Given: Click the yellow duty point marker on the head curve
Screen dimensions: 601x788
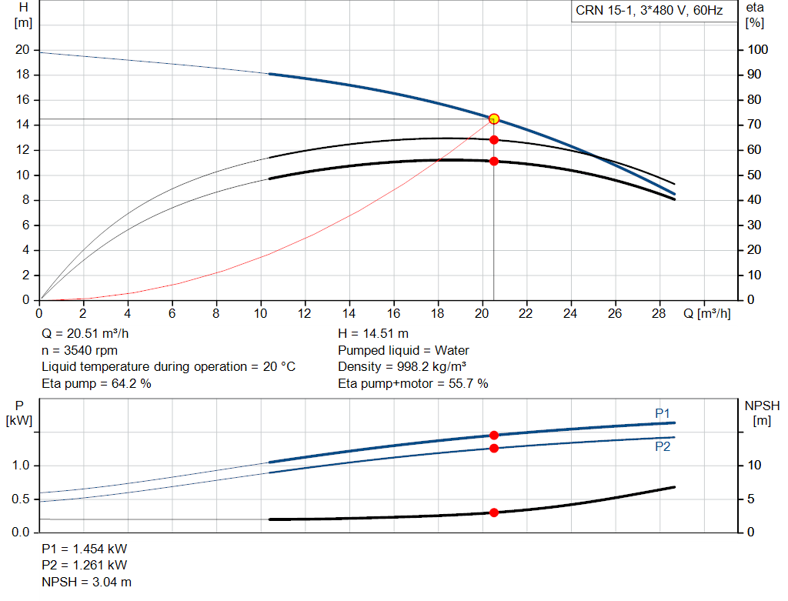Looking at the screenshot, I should coord(494,119).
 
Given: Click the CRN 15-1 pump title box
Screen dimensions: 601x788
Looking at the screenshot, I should coord(653,11).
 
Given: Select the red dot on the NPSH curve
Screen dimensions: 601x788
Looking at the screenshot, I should coord(494,513).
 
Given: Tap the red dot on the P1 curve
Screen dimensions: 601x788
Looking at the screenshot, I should coord(494,436).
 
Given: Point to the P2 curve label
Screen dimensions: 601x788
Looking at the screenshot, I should coord(663,446).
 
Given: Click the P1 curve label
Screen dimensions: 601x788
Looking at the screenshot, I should coord(663,414).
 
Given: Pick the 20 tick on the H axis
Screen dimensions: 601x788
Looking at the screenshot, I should coord(22,50).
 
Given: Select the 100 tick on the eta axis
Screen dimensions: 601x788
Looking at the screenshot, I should coord(758,50).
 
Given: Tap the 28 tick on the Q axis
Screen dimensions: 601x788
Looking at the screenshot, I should coord(659,314).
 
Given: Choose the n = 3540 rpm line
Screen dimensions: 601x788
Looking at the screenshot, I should coord(79,350).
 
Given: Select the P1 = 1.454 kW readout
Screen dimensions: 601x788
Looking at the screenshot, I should coord(85,549).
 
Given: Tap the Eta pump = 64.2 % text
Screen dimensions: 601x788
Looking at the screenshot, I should coord(96,383).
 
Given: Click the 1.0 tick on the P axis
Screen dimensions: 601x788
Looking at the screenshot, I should coord(21,466).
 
